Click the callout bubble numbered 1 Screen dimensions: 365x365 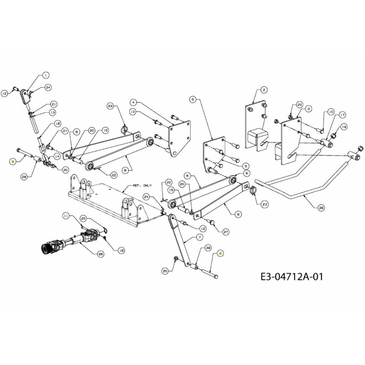pyautogui.click(x=46, y=74)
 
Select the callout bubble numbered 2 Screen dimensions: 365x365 pyautogui.click(x=264, y=90)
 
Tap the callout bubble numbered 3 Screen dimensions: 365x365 pyautogui.click(x=308, y=109)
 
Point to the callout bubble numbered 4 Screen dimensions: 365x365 pyautogui.click(x=133, y=101)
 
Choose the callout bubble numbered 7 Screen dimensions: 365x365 pyautogui.click(x=200, y=237)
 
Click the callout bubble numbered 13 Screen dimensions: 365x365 pyautogui.click(x=52, y=112)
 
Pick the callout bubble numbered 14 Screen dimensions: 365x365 pyautogui.click(x=57, y=156)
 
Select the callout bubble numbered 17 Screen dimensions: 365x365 pyautogui.click(x=342, y=115)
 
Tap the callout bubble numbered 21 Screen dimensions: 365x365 pyautogui.click(x=53, y=104)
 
